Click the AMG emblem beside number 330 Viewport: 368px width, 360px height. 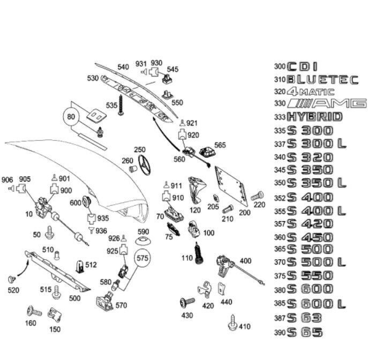327,103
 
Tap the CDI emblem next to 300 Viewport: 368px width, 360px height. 303,67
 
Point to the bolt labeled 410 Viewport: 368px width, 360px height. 232,323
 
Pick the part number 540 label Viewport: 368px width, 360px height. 123,67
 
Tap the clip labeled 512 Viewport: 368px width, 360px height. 78,265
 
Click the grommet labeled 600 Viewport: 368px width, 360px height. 88,202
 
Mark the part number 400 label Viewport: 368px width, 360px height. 245,261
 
